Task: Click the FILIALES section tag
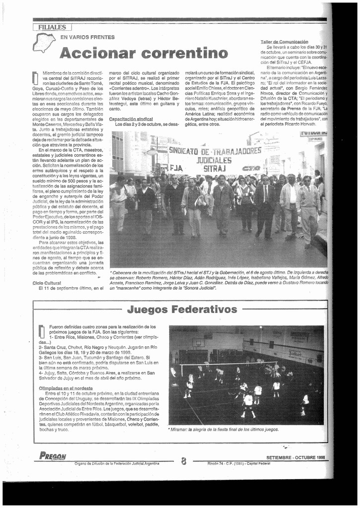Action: tap(52, 27)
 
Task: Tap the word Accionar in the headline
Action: tap(97, 53)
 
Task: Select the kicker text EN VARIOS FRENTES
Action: tap(87, 37)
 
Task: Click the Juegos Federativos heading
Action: tap(182, 310)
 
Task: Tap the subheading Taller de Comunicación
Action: tap(284, 42)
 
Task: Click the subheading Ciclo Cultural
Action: tap(47, 283)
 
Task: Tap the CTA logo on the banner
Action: tap(251, 169)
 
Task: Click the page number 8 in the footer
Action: tap(183, 461)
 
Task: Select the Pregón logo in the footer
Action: tap(53, 456)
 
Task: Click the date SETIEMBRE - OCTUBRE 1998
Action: tap(296, 457)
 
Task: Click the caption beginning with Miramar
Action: tap(223, 430)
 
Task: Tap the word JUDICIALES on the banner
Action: tap(214, 160)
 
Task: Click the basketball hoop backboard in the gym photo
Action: tap(198, 342)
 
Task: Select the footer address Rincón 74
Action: tap(239, 463)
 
